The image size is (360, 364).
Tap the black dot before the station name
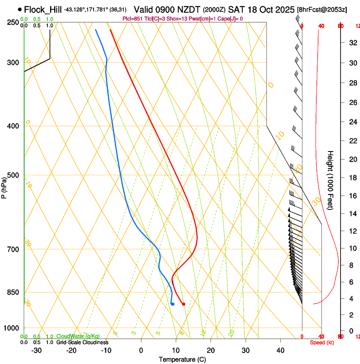coord(19,9)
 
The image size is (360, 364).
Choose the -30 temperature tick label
coord(36,350)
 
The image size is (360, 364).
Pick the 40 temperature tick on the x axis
coord(280,350)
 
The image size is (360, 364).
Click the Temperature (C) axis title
coord(182,359)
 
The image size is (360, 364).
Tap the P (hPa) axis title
coord(4,187)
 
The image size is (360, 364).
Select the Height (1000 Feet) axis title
coord(331,180)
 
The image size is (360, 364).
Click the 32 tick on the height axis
coord(352,43)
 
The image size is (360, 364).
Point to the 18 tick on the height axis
coord(352,178)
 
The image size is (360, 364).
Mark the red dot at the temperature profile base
coord(183,304)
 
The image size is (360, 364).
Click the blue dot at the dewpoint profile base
coord(172,304)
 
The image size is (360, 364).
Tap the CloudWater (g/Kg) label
coord(76,336)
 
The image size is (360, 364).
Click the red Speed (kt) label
coord(322,342)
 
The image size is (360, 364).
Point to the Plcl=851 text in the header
coord(133,19)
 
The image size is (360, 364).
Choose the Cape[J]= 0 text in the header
coord(229,19)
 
